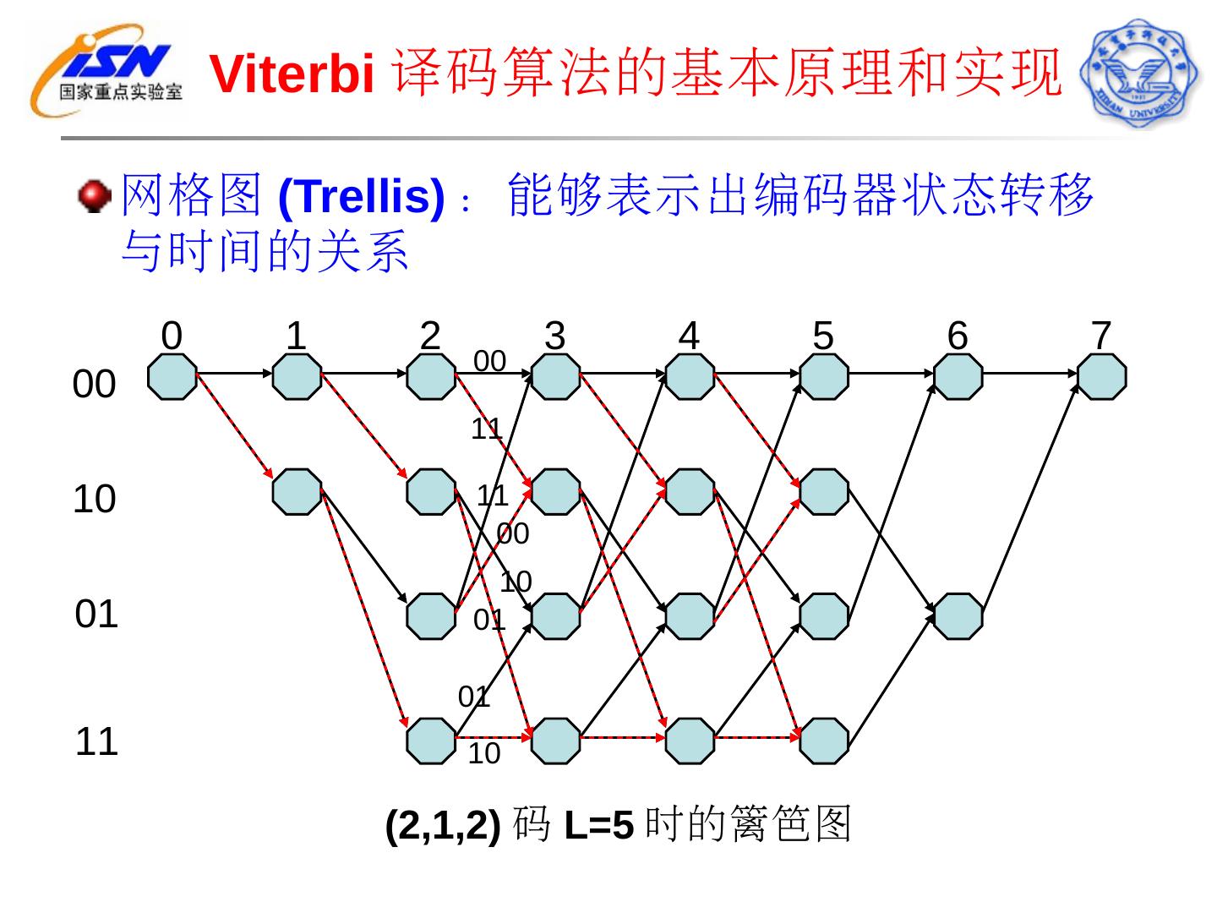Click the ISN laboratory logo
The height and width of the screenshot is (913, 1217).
106,71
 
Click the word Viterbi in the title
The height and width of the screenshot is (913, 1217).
292,74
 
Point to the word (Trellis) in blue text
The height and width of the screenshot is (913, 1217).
361,196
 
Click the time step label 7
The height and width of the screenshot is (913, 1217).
1100,336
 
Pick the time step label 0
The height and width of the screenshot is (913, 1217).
172,336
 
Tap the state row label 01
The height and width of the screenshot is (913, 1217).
96,615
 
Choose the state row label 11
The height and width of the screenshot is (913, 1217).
96,742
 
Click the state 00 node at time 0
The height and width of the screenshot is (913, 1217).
172,376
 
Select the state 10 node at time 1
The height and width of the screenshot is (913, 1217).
297,492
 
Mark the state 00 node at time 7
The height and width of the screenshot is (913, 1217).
1101,376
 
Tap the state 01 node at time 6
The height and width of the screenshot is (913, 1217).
958,616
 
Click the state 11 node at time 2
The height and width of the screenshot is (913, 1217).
431,741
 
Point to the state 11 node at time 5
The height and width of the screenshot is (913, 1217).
824,741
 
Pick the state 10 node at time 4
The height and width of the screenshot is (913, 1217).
690,492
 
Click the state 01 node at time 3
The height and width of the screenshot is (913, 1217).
556,616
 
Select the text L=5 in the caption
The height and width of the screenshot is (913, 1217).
598,825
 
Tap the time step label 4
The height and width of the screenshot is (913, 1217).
690,336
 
